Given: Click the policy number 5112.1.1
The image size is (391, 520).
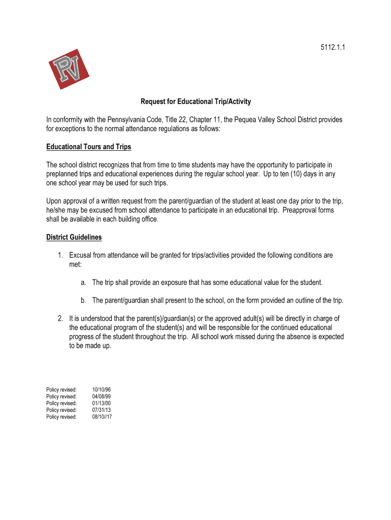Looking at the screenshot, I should coord(330,48).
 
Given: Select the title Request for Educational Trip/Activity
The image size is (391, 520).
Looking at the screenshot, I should coord(195,102).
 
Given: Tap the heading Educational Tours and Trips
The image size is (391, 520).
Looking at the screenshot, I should coord(88,147).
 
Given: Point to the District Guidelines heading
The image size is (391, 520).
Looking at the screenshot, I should coord(74,237).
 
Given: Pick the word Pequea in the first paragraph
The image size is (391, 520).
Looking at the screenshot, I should coord(238,120).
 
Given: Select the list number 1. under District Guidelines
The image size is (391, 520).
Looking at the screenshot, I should coord(60,255).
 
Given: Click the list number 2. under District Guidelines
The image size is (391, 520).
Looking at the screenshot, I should coord(60,318).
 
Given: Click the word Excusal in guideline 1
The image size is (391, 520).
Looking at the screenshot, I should coord(81,255).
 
